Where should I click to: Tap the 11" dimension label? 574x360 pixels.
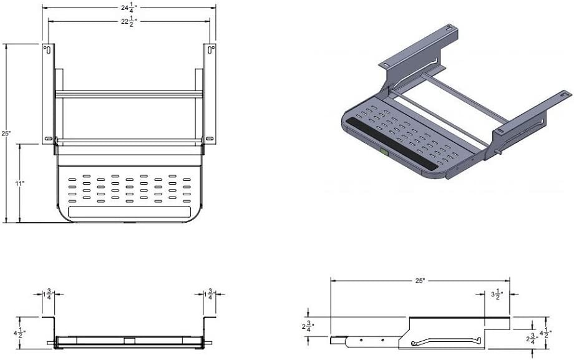pyautogui.click(x=19, y=183)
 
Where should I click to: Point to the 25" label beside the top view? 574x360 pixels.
pyautogui.click(x=6, y=134)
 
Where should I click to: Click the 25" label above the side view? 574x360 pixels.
pyautogui.click(x=420, y=281)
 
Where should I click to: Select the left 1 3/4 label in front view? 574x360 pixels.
pyautogui.click(x=49, y=294)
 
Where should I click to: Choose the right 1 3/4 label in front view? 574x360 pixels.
pyautogui.click(x=210, y=294)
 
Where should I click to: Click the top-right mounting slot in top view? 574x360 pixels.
pyautogui.click(x=212, y=48)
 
